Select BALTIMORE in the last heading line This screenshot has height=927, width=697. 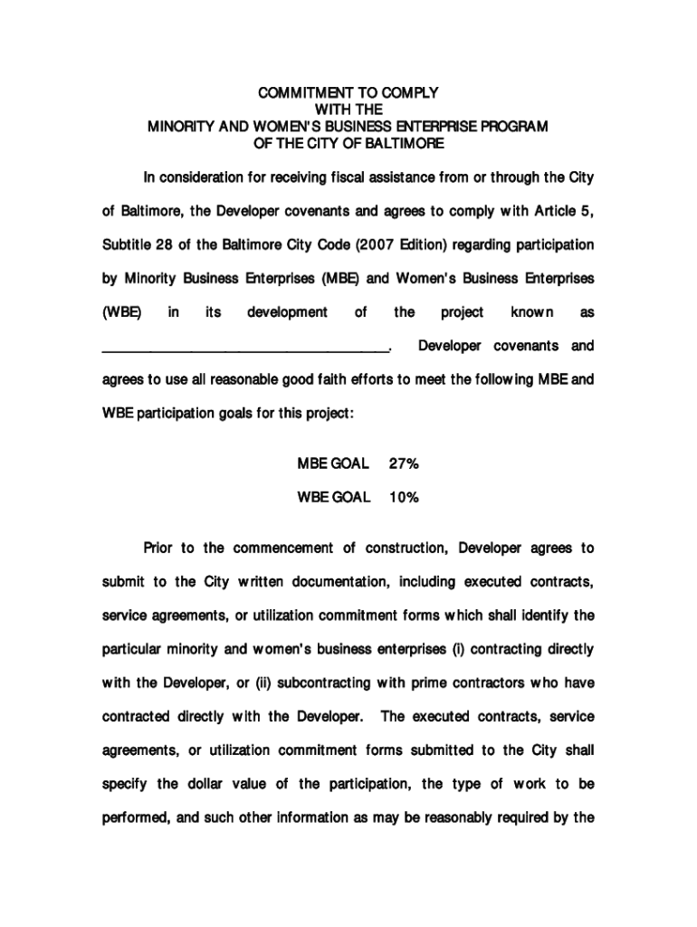[405, 143]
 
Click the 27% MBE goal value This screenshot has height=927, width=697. [403, 464]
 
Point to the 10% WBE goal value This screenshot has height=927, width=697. [403, 497]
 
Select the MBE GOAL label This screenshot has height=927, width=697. [333, 464]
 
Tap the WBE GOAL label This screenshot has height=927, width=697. [333, 497]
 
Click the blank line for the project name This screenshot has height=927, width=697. [244, 347]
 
